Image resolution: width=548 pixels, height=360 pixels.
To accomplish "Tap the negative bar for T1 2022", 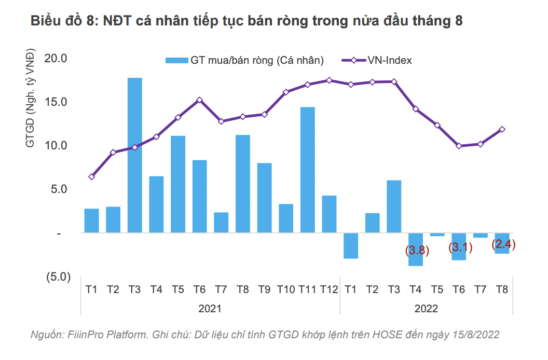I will pyautogui.click(x=351, y=245).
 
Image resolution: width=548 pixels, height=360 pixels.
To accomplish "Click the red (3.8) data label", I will pyautogui.click(x=417, y=251).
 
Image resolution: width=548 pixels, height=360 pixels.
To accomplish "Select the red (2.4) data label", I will pyautogui.click(x=503, y=244).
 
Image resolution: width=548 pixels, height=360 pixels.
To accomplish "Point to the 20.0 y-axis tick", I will pyautogui.click(x=57, y=58).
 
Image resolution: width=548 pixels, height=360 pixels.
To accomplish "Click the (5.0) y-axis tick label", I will pyautogui.click(x=57, y=277).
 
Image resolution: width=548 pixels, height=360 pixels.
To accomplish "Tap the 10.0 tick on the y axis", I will pyautogui.click(x=57, y=146).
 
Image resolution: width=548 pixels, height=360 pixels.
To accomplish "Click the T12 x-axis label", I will pyautogui.click(x=330, y=290).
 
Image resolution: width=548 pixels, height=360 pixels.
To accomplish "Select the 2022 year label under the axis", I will pyautogui.click(x=427, y=309).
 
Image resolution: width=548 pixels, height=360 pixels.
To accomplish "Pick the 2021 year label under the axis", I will pyautogui.click(x=210, y=309).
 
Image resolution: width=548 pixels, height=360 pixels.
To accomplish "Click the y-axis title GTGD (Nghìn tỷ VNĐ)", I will pyautogui.click(x=31, y=99).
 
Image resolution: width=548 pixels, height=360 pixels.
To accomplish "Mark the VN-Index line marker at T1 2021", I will pyautogui.click(x=91, y=177).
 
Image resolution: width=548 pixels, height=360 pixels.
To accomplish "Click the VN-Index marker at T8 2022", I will pyautogui.click(x=502, y=130).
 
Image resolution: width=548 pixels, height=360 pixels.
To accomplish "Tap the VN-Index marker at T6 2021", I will pyautogui.click(x=200, y=100).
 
